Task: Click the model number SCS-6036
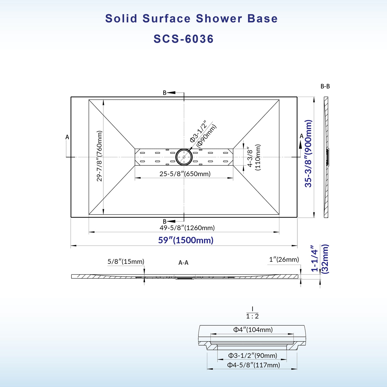pyautogui.click(x=183, y=39)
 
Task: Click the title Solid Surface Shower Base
pyautogui.click(x=191, y=19)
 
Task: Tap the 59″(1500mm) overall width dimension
pyautogui.click(x=186, y=240)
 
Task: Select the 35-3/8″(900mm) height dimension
pyautogui.click(x=308, y=153)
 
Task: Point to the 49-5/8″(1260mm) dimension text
pyautogui.click(x=187, y=228)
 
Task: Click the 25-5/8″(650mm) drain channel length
pyautogui.click(x=185, y=174)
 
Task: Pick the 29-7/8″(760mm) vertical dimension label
pyautogui.click(x=99, y=156)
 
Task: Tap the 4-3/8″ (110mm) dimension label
pyautogui.click(x=254, y=157)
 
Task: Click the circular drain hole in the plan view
pyautogui.click(x=184, y=157)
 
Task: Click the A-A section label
pyautogui.click(x=183, y=263)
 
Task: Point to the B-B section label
pyautogui.click(x=325, y=87)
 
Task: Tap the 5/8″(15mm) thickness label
pyautogui.click(x=126, y=261)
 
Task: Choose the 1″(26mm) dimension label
pyautogui.click(x=284, y=259)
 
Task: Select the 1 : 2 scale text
pyautogui.click(x=252, y=316)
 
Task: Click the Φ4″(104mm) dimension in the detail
pyautogui.click(x=253, y=330)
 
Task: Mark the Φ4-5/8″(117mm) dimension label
pyautogui.click(x=253, y=365)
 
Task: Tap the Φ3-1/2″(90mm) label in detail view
pyautogui.click(x=253, y=356)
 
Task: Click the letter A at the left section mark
pyautogui.click(x=67, y=137)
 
